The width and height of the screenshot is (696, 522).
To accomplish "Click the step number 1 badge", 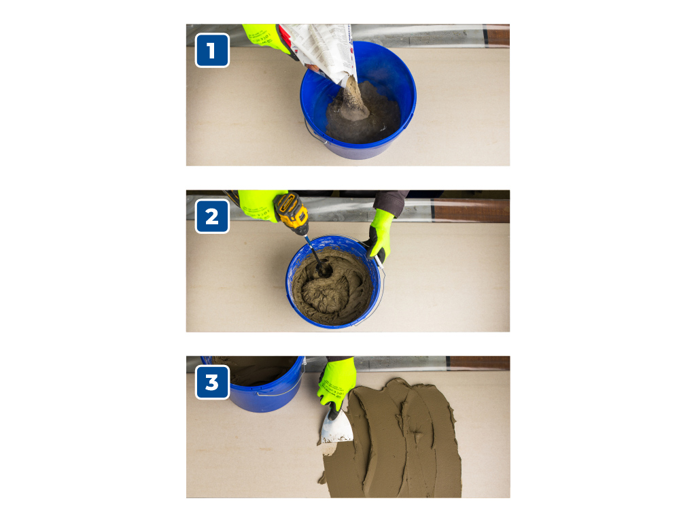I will click(x=212, y=51).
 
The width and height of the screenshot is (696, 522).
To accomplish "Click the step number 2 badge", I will click(x=212, y=217).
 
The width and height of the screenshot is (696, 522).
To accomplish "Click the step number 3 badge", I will click(x=212, y=383).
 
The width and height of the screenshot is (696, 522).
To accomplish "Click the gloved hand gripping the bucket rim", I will click(x=381, y=234).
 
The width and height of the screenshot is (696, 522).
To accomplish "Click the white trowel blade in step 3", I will click(x=335, y=428).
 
